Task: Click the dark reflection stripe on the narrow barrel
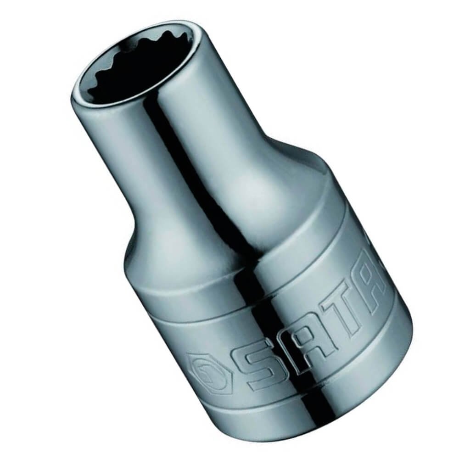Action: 187,152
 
